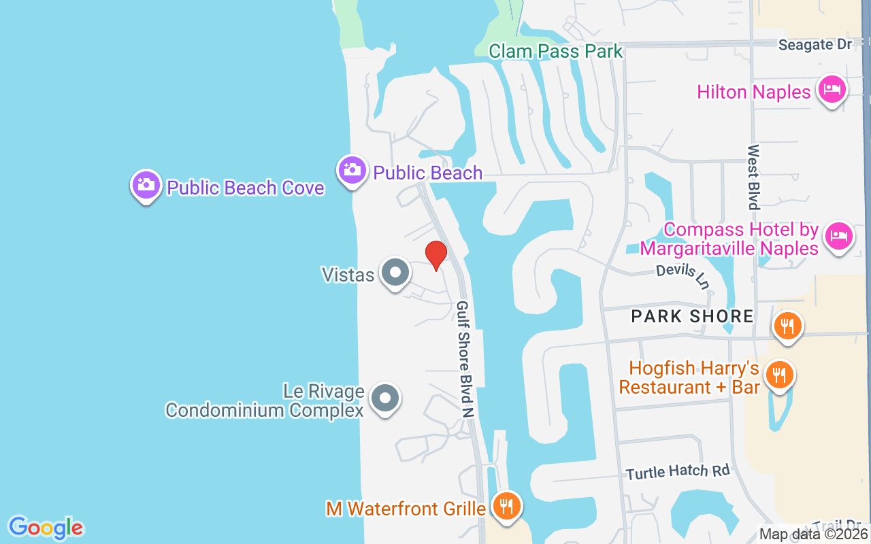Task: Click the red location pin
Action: [x=435, y=254]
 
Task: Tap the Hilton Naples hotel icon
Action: [x=832, y=89]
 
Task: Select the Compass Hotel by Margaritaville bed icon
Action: [x=839, y=236]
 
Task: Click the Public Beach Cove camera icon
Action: [x=146, y=184]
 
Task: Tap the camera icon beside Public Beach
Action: [x=352, y=169]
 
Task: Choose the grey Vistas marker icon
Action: [x=395, y=272]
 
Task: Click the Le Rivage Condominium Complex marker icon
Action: [x=386, y=398]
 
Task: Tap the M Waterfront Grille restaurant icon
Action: [x=506, y=506]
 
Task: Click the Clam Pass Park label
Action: [x=555, y=51]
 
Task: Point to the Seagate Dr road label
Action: [x=815, y=45]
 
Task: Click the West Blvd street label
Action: [x=753, y=177]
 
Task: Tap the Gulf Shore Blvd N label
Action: [x=465, y=358]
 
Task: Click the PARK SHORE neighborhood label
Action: [x=692, y=316]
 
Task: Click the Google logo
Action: [x=46, y=528]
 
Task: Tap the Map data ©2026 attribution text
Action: [x=814, y=534]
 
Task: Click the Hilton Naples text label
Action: [x=754, y=92]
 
